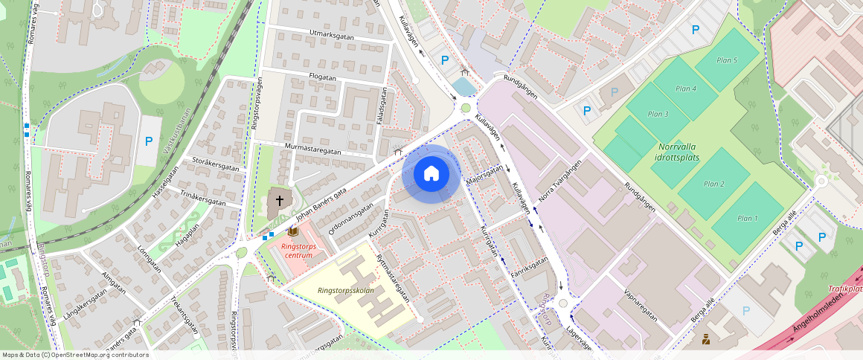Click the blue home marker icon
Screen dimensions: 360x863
431,174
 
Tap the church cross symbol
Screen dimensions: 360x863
280,200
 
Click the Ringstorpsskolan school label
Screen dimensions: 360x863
345,290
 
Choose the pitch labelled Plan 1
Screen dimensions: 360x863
747,218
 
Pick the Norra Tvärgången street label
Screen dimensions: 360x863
559,184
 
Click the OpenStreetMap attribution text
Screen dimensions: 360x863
75,355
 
